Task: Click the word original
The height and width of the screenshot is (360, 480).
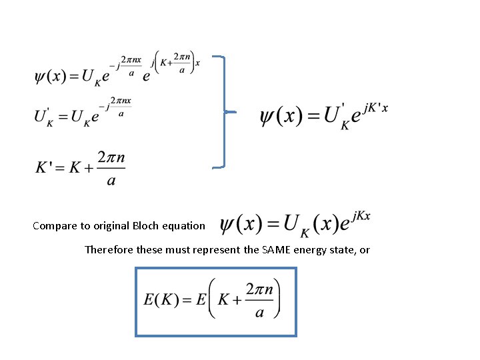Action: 115,225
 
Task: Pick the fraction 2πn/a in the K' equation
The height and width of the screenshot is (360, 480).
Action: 110,169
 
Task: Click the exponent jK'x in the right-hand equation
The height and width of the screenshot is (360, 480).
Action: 374,107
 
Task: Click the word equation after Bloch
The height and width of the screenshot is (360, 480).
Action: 187,225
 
